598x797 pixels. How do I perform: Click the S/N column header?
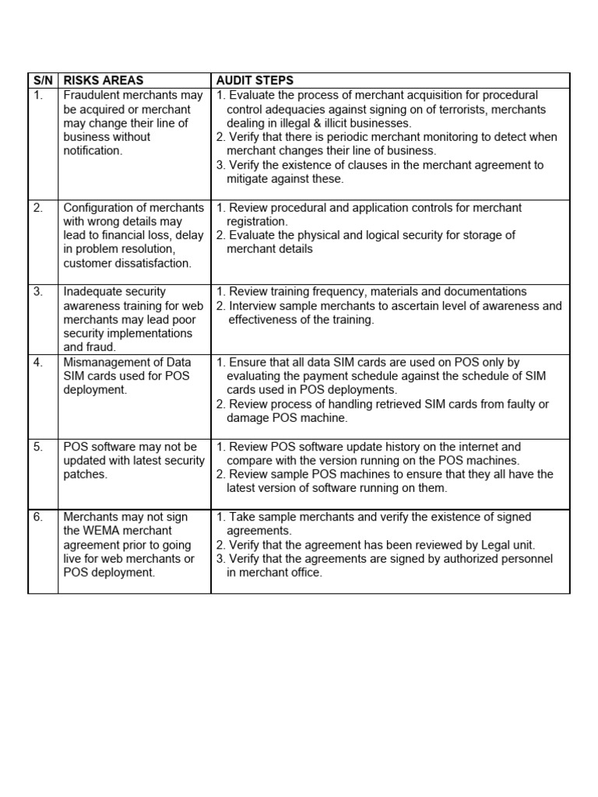pyautogui.click(x=41, y=80)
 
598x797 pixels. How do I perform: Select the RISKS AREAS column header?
pyautogui.click(x=103, y=80)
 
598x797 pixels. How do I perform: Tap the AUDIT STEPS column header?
pyautogui.click(x=255, y=80)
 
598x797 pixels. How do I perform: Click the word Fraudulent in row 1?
pyautogui.click(x=92, y=95)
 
